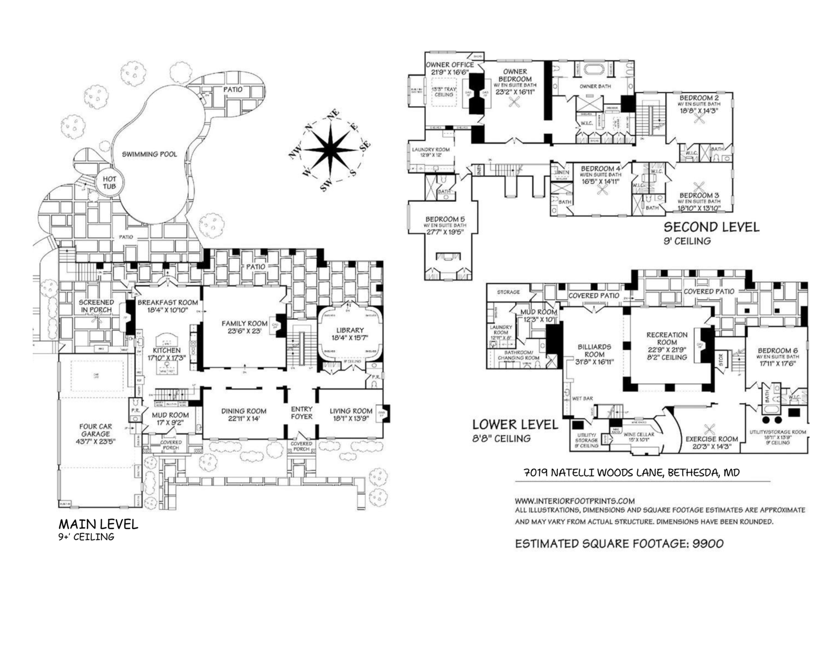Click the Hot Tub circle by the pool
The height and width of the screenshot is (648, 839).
(109, 183)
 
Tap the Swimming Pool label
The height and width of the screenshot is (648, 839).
(149, 154)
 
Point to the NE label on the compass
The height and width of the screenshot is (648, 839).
(333, 115)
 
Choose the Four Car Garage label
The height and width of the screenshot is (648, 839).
(95, 430)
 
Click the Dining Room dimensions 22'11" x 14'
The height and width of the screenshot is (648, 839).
(243, 419)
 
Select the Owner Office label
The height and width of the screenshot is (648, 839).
(449, 64)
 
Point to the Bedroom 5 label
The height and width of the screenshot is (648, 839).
(445, 219)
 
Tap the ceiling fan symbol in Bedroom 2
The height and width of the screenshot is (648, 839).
(698, 118)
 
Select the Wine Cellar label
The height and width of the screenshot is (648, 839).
(638, 435)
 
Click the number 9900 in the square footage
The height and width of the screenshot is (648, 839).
(708, 544)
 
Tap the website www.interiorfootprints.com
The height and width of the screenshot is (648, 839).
(575, 501)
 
